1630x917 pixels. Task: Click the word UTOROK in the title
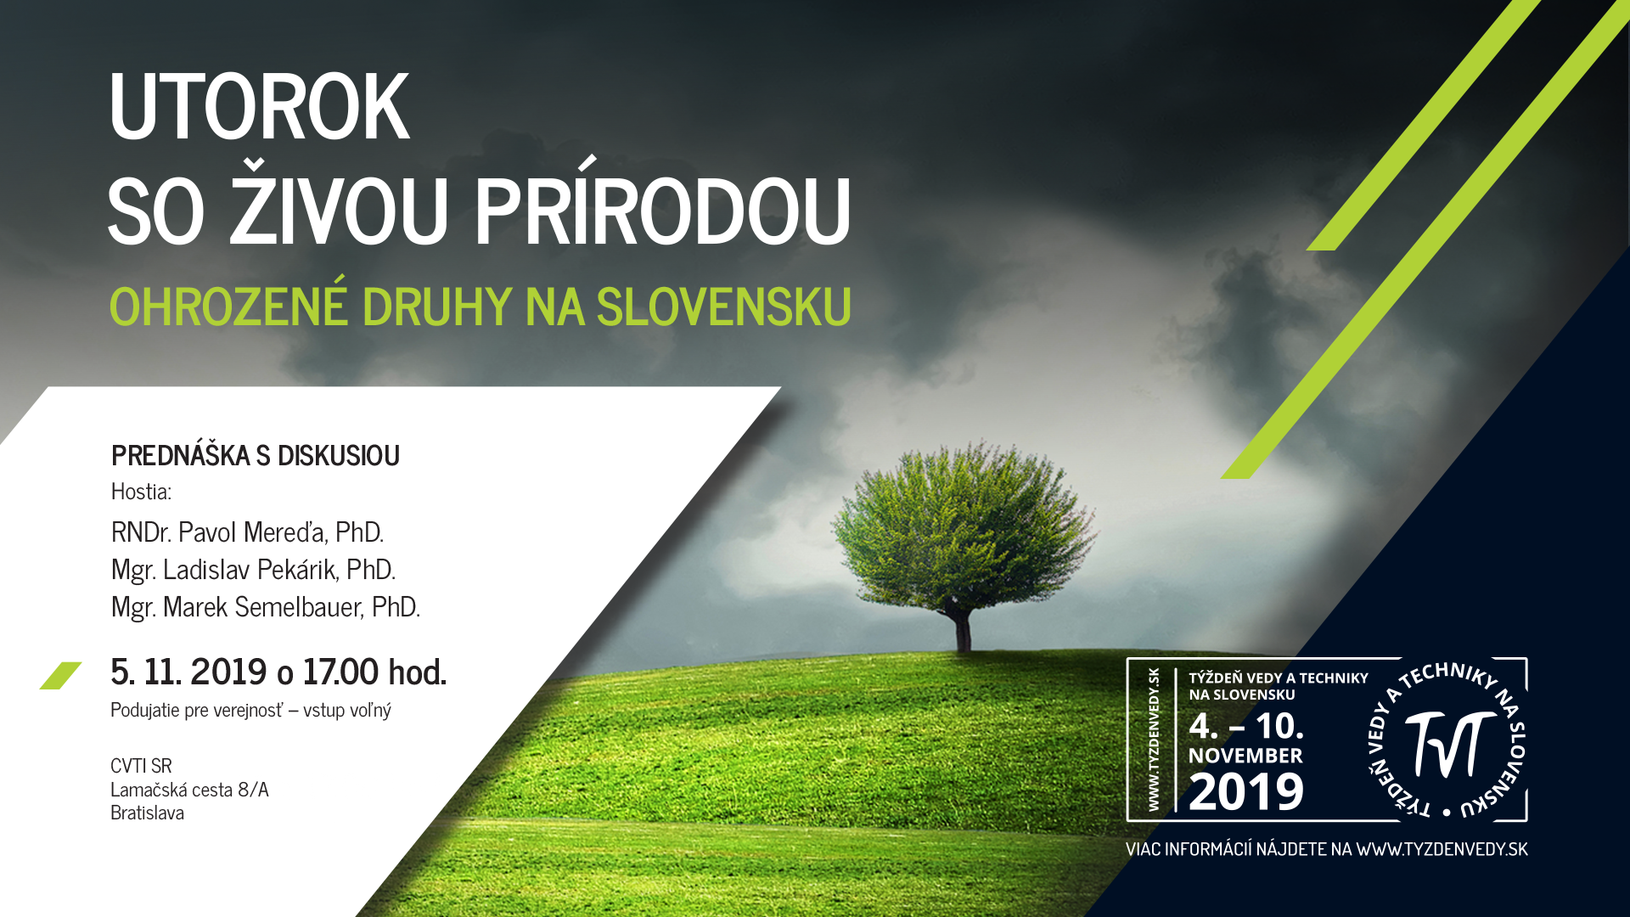pos(260,106)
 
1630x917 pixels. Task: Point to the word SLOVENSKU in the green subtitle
pos(724,307)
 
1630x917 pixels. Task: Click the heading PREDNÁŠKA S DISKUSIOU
pos(256,455)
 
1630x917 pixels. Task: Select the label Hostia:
pos(142,492)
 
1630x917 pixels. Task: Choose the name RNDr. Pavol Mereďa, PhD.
pos(248,532)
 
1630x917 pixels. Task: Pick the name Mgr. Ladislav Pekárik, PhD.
pos(254,570)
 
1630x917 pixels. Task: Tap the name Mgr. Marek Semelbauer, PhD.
pos(266,607)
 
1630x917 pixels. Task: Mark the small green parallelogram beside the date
pos(60,676)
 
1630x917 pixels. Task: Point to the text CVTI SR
pos(141,766)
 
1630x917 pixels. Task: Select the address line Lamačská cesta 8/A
pos(189,790)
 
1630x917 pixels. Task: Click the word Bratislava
pos(147,813)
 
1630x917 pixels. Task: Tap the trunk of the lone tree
pos(963,628)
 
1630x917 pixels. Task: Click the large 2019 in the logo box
pos(1246,791)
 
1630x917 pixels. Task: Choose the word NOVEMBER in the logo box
pos(1245,756)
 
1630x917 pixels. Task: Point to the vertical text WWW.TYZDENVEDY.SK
pos(1154,740)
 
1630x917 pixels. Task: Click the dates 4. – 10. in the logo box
pos(1246,726)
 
